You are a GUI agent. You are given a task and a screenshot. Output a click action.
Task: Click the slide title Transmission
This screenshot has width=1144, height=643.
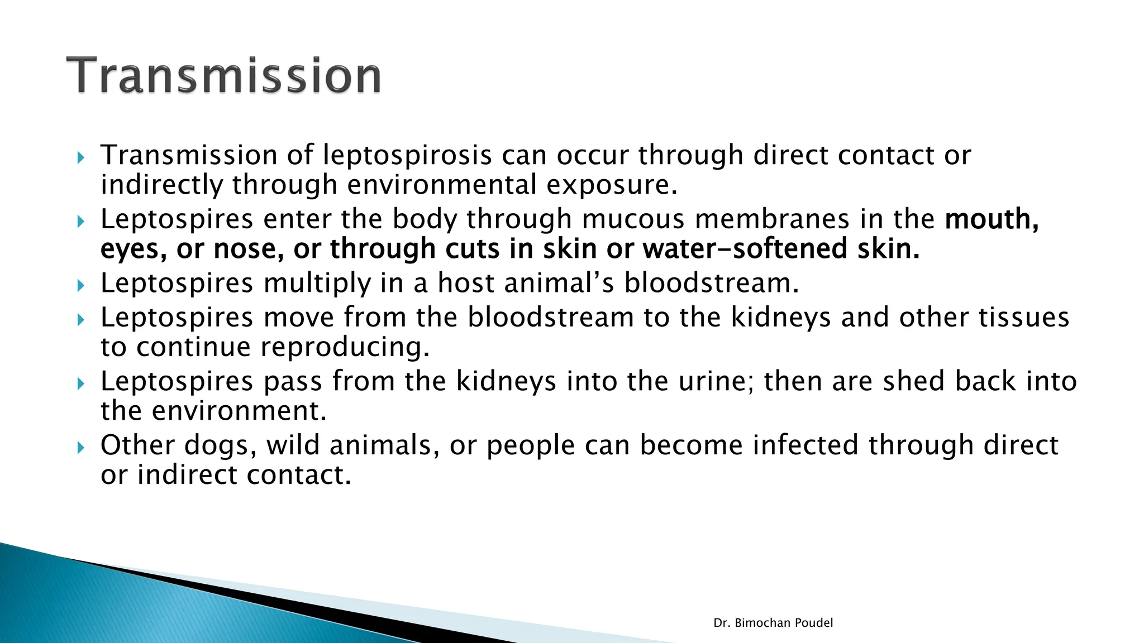click(x=223, y=75)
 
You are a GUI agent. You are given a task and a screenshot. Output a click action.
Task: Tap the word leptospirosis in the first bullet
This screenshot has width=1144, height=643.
click(x=407, y=156)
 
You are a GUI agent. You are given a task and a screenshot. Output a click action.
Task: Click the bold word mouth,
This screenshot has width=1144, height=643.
click(x=992, y=219)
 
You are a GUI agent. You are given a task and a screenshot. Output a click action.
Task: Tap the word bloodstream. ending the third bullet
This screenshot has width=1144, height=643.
click(x=711, y=283)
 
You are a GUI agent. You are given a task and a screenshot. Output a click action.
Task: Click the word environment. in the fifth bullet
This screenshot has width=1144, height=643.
click(x=239, y=411)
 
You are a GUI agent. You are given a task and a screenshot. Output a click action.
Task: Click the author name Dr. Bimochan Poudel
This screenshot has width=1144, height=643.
click(x=773, y=623)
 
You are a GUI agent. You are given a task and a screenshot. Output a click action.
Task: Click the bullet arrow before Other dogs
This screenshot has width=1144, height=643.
click(x=80, y=447)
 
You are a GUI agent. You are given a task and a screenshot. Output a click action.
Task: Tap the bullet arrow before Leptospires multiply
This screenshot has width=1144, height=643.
click(x=80, y=286)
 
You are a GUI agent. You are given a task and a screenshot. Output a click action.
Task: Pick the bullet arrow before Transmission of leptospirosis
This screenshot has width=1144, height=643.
click(x=80, y=157)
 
